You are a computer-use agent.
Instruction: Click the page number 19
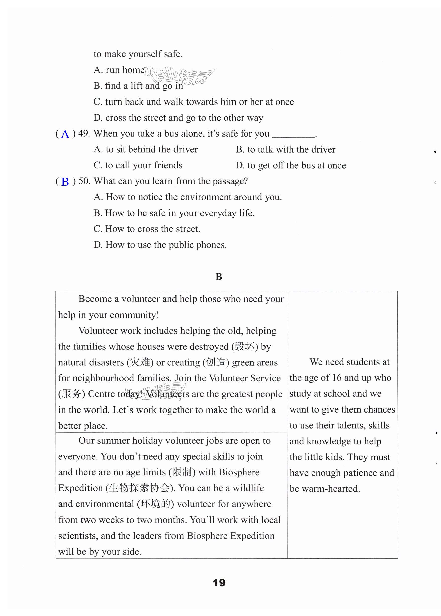pyautogui.click(x=219, y=583)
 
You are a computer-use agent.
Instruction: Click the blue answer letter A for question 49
pyautogui.click(x=65, y=134)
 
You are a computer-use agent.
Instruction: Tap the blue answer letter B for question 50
pyautogui.click(x=65, y=182)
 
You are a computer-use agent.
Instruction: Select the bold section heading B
pyautogui.click(x=219, y=277)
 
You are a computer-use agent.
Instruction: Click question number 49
pyautogui.click(x=84, y=134)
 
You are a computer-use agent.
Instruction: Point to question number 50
pyautogui.click(x=84, y=181)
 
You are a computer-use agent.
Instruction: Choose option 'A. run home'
pyautogui.click(x=119, y=70)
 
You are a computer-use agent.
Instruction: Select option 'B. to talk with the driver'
pyautogui.click(x=285, y=150)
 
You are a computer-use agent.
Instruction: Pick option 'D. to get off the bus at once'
pyautogui.click(x=291, y=166)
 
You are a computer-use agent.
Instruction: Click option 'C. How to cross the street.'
pyautogui.click(x=147, y=229)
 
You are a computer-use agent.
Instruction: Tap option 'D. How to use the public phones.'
pyautogui.click(x=160, y=245)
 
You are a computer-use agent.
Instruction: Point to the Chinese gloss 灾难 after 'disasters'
pyautogui.click(x=140, y=363)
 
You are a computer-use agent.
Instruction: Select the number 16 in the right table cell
pyautogui.click(x=336, y=378)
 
